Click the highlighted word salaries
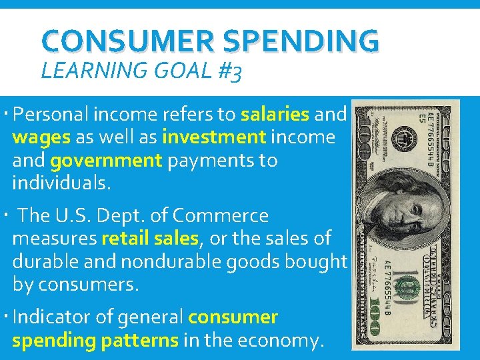[275, 114]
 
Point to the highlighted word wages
[41, 137]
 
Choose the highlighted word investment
[213, 137]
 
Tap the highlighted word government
[105, 161]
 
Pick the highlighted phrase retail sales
[150, 239]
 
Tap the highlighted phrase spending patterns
[95, 341]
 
